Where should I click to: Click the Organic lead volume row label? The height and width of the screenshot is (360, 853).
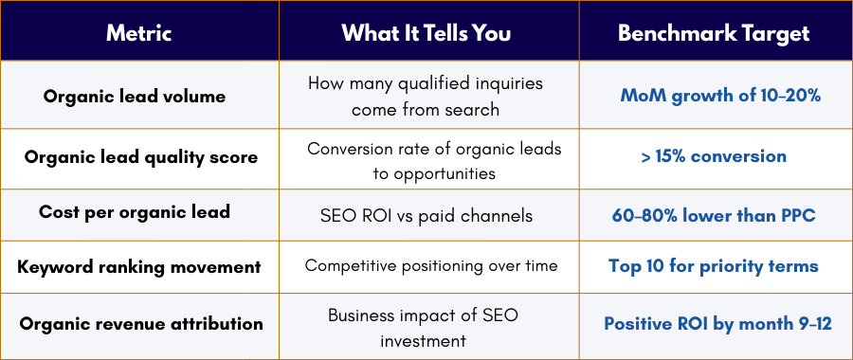click(139, 96)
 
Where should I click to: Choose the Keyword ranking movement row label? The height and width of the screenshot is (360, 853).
click(139, 266)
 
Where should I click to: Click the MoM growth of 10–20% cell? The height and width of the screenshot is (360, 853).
click(719, 96)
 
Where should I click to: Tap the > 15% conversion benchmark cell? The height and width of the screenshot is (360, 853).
click(714, 156)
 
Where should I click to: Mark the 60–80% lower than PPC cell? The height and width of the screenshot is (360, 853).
click(714, 215)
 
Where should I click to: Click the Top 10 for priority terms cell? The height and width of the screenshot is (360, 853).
click(714, 266)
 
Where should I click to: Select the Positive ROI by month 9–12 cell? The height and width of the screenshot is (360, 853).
click(717, 323)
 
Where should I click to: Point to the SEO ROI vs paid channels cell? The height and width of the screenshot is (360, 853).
click(426, 215)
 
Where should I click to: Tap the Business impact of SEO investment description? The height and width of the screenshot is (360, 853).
click(426, 326)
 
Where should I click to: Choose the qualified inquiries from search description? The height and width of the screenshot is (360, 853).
click(426, 96)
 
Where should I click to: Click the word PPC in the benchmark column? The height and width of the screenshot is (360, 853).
click(795, 215)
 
